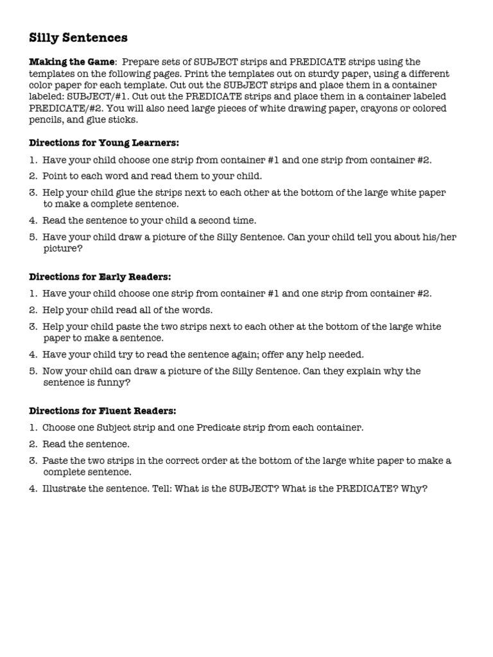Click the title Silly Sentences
coord(78,38)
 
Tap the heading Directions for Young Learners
coord(104,142)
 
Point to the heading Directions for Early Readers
coord(100,277)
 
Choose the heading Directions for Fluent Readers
coord(103,411)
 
